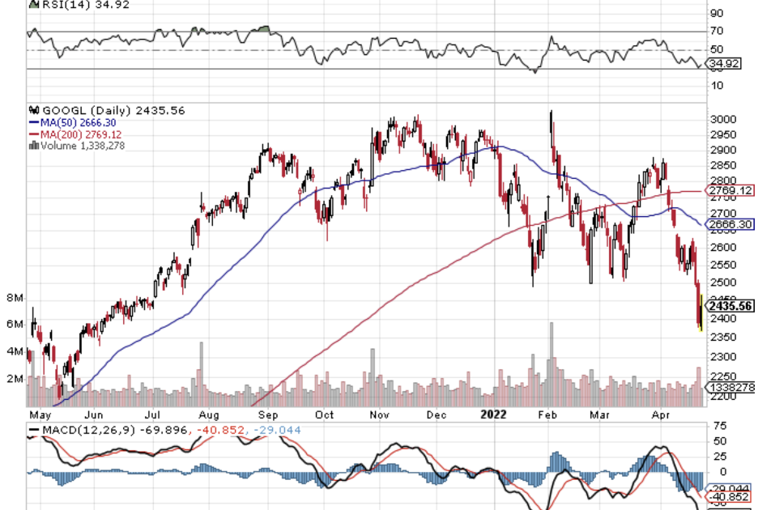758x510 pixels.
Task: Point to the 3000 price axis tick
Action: (x=723, y=120)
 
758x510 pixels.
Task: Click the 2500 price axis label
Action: (x=723, y=283)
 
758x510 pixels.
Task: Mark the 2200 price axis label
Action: (x=723, y=397)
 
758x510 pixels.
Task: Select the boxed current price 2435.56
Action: (x=731, y=306)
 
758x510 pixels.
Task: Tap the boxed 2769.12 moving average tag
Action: (x=730, y=191)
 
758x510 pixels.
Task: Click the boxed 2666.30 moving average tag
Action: (x=730, y=224)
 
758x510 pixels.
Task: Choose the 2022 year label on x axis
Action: (x=494, y=414)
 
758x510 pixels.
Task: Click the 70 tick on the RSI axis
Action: (x=718, y=31)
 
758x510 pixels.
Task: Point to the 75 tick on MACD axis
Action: (x=718, y=426)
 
